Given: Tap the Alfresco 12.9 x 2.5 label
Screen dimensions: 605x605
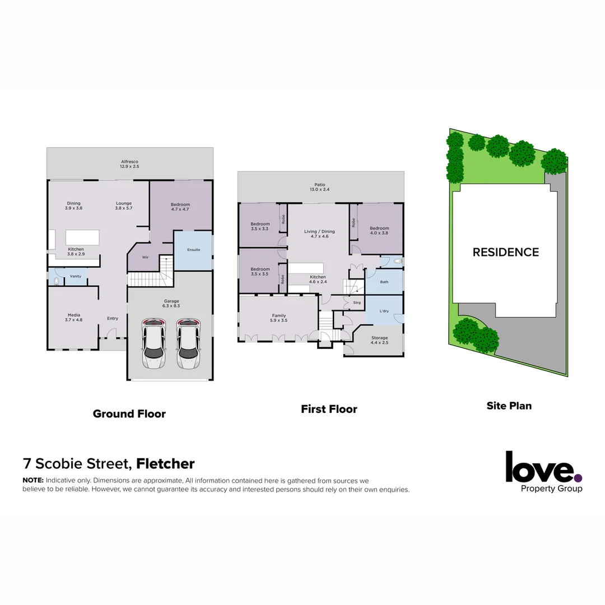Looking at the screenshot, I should pos(129,164).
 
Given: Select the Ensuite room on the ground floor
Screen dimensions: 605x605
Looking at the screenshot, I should pos(193,250).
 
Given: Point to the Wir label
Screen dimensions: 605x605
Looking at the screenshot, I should pos(145,257).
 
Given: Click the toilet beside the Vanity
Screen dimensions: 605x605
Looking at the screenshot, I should pos(56,282).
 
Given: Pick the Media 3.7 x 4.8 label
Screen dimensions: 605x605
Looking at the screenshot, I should pos(74,317).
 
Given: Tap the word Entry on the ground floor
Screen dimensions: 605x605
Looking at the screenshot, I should pos(113,319).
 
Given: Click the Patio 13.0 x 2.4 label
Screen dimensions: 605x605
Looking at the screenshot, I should pos(320,187).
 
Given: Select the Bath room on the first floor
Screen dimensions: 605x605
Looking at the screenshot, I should pos(384,282).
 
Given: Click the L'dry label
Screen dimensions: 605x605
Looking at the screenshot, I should pos(384,311).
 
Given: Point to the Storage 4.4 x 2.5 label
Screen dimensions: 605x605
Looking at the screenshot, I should pos(379,339).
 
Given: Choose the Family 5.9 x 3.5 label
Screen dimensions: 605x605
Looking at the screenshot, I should pos(279,318).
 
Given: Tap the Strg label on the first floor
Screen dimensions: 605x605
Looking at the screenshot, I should pos(356,303).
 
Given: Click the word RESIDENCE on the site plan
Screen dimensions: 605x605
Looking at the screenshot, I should pos(505,252).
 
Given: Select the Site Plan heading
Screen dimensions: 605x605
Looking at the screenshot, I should pos(509,406).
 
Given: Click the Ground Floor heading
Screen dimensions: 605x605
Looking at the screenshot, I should pos(129,414).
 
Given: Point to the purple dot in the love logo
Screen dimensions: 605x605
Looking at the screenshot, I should pos(578,478).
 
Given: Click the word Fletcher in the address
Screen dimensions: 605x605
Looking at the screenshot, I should pos(166,464).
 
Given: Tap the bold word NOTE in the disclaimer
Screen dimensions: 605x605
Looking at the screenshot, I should pos(32,481).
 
